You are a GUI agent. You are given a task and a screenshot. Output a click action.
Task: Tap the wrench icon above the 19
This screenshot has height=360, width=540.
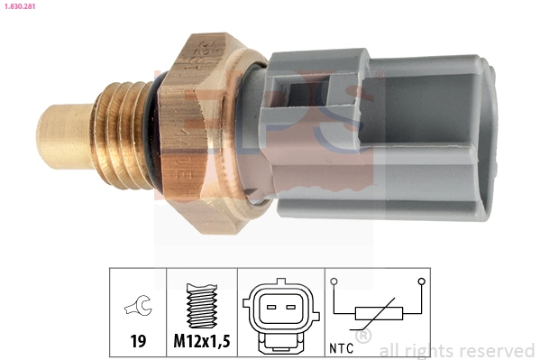[x=138, y=309]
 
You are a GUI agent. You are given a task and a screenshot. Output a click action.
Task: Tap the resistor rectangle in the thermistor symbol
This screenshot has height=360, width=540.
[x=378, y=314]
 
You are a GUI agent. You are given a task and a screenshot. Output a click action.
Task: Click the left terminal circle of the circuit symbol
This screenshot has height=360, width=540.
[x=334, y=282]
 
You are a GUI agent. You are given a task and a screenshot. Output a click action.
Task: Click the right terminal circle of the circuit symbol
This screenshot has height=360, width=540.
[x=421, y=282]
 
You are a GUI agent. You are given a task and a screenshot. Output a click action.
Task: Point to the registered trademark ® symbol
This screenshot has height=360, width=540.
[x=363, y=337]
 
